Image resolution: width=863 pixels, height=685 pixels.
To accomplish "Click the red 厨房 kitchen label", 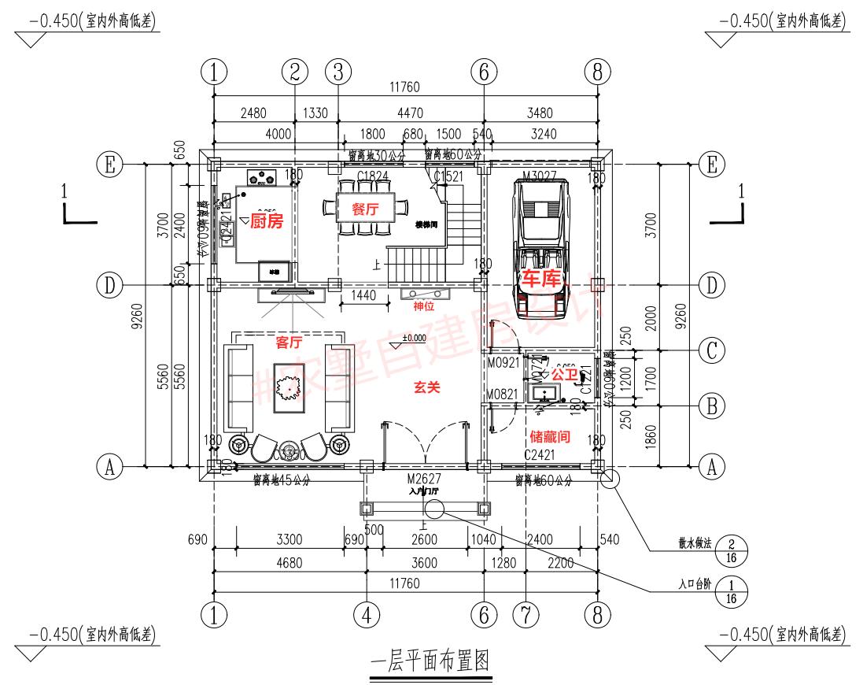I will [x=266, y=221].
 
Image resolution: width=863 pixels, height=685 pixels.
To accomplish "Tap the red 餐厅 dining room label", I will [x=365, y=209].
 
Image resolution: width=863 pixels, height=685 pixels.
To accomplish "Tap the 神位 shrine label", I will [x=424, y=305].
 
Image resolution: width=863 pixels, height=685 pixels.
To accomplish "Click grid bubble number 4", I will [x=366, y=613].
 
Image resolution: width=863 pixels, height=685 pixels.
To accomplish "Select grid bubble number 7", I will [x=524, y=613].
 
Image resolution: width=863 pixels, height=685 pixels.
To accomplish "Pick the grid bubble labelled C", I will [x=711, y=350].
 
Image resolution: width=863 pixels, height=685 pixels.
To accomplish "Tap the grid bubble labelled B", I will [x=711, y=406].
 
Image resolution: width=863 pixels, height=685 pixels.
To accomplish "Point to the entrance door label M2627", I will [x=424, y=479].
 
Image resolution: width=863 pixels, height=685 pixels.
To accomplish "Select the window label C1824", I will [x=373, y=176].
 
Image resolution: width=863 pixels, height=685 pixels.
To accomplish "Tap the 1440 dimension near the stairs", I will [x=364, y=295].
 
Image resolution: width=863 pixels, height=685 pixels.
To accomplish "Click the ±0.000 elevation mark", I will [x=413, y=338].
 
